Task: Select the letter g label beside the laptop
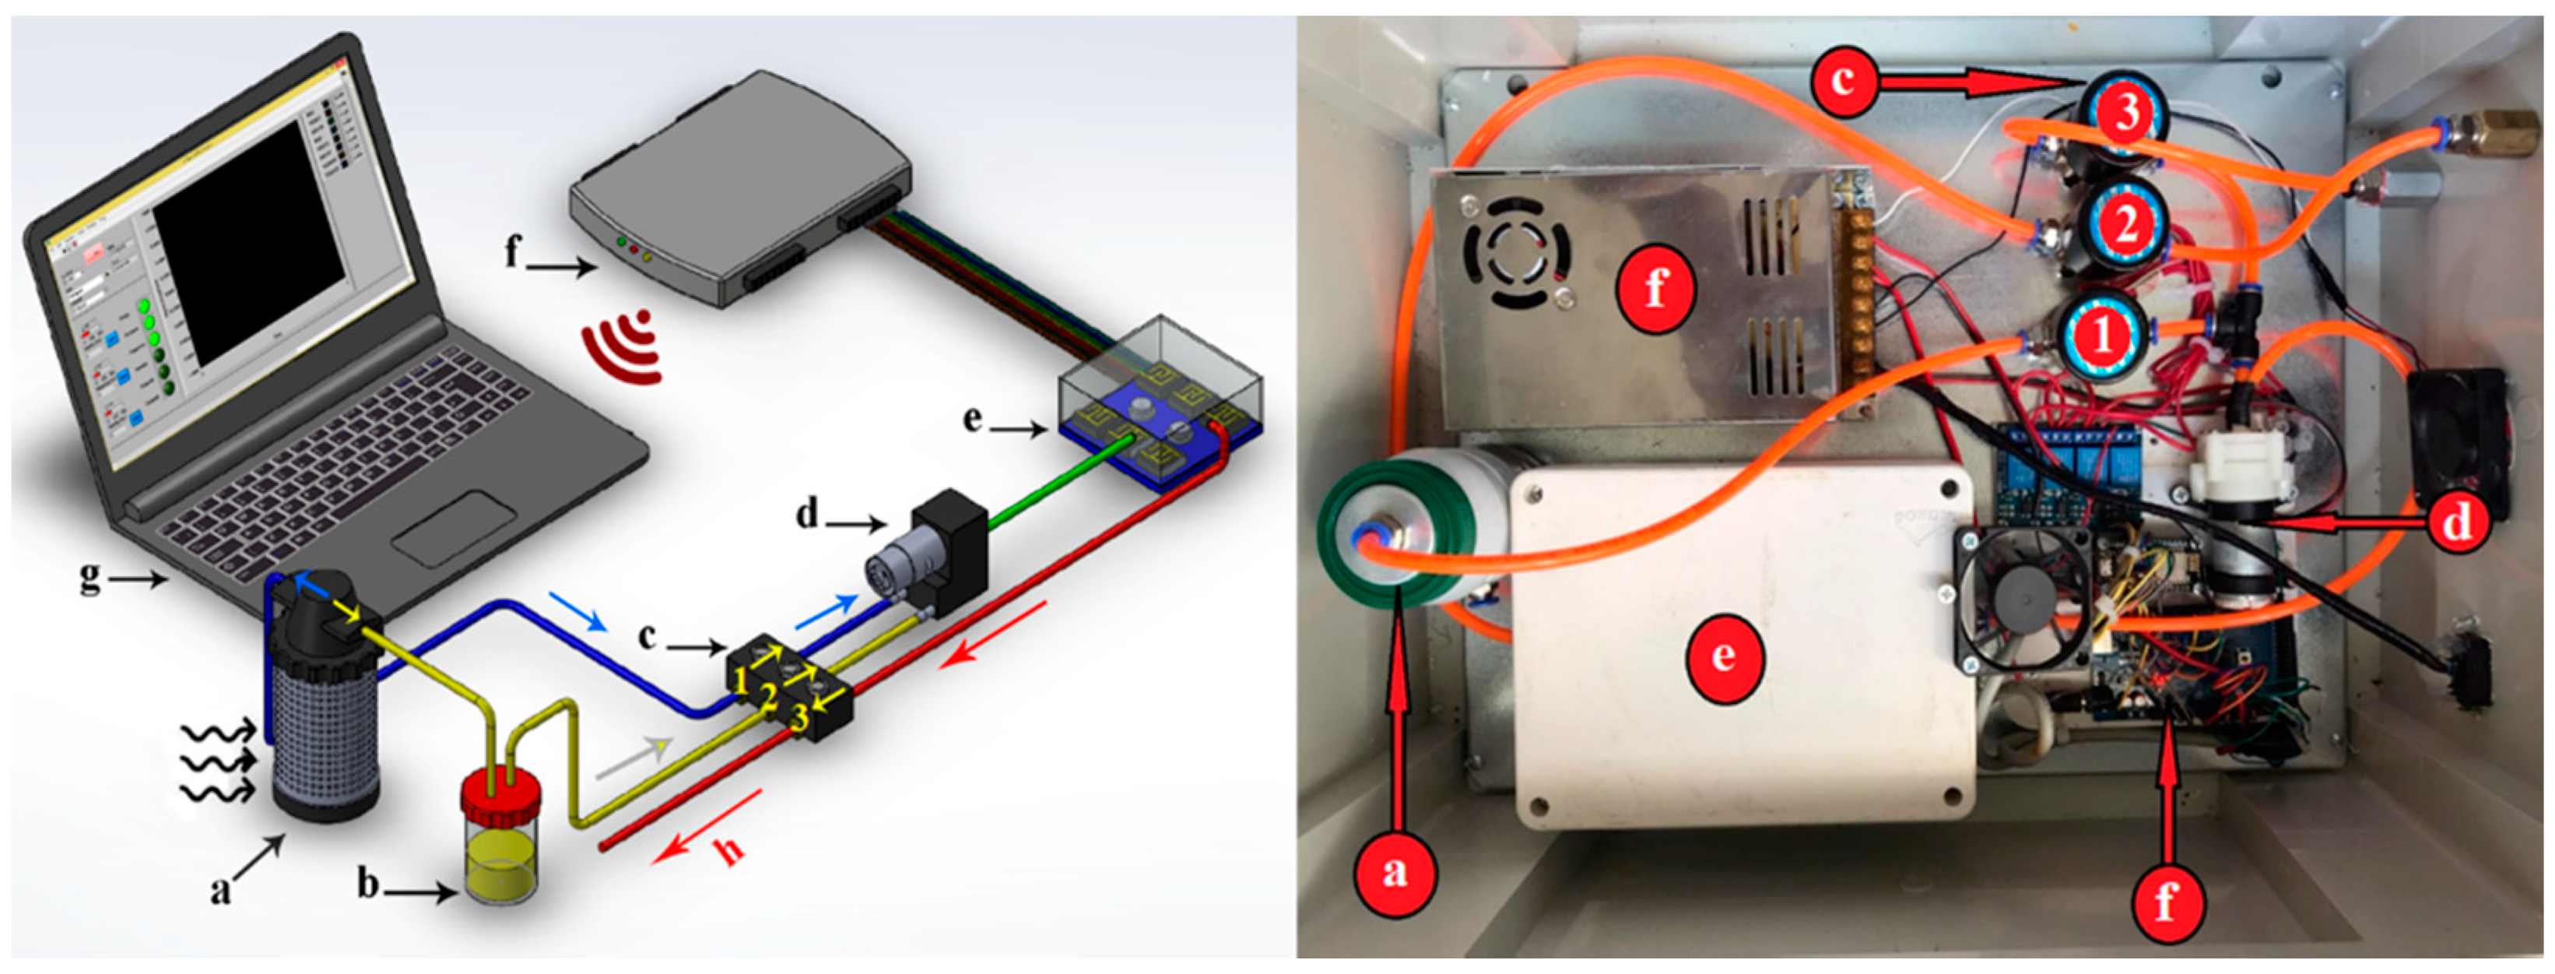click(x=90, y=576)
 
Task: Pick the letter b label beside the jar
click(x=368, y=883)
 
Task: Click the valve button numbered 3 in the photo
click(x=2125, y=114)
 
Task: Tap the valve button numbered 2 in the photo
click(x=2126, y=224)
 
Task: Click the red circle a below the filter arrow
click(x=1395, y=872)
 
